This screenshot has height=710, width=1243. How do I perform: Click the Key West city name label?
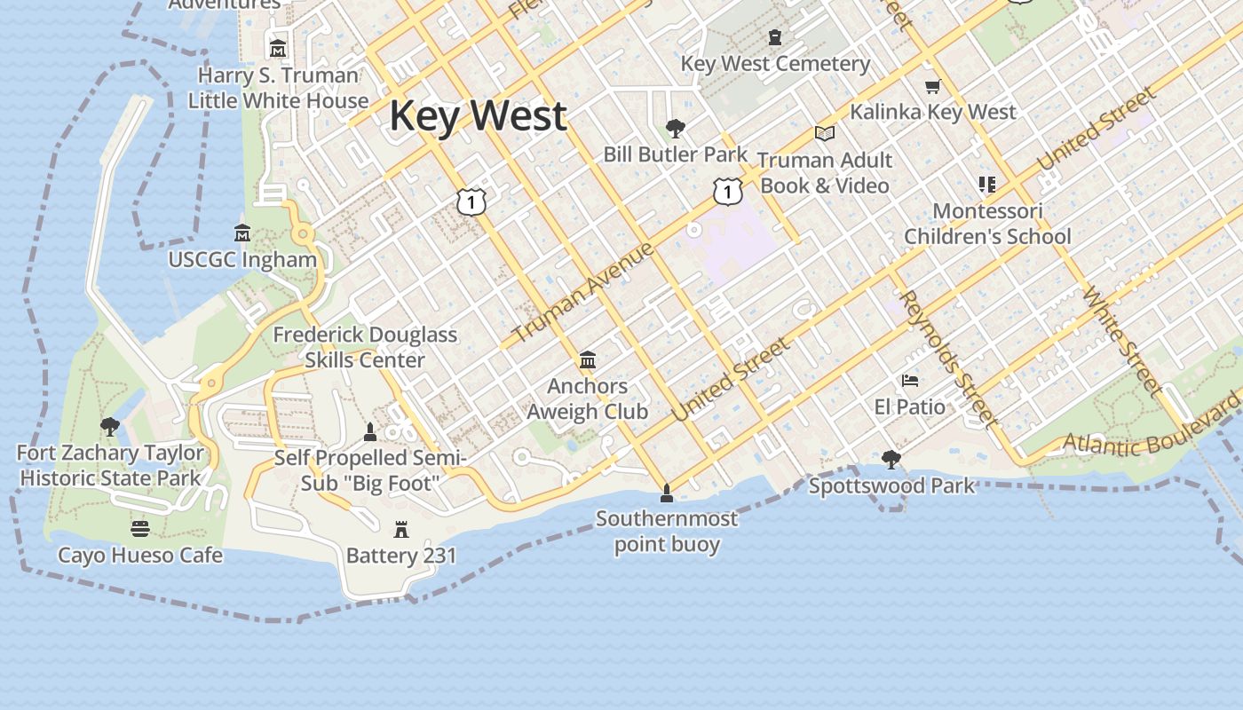pyautogui.click(x=478, y=116)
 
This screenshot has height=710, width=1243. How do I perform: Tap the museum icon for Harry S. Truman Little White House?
pyautogui.click(x=278, y=48)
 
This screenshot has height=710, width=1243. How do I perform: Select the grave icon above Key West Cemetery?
pyautogui.click(x=775, y=37)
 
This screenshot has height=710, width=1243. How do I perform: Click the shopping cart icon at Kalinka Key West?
pyautogui.click(x=932, y=86)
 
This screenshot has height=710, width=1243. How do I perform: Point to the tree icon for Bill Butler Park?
pyautogui.click(x=675, y=129)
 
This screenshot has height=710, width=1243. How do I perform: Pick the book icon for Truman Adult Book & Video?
pyautogui.click(x=825, y=133)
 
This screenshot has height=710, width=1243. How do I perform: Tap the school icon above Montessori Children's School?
pyautogui.click(x=987, y=185)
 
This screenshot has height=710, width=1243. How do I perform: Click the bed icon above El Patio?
pyautogui.click(x=910, y=381)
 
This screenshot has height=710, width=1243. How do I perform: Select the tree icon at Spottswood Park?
pyautogui.click(x=891, y=460)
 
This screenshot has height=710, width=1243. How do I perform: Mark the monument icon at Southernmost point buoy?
pyautogui.click(x=667, y=493)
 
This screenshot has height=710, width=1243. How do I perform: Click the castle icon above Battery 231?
pyautogui.click(x=401, y=530)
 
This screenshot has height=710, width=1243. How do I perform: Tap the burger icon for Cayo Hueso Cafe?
pyautogui.click(x=140, y=529)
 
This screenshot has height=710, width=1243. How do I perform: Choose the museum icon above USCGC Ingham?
pyautogui.click(x=242, y=233)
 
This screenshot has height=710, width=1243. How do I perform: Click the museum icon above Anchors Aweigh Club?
pyautogui.click(x=587, y=360)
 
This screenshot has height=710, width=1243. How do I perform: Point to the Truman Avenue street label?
pyautogui.click(x=583, y=292)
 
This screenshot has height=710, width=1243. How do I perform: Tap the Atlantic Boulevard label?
pyautogui.click(x=1152, y=430)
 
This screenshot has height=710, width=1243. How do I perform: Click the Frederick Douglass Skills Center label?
pyautogui.click(x=365, y=347)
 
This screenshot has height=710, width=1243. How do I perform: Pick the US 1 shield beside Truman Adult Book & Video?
pyautogui.click(x=727, y=190)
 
